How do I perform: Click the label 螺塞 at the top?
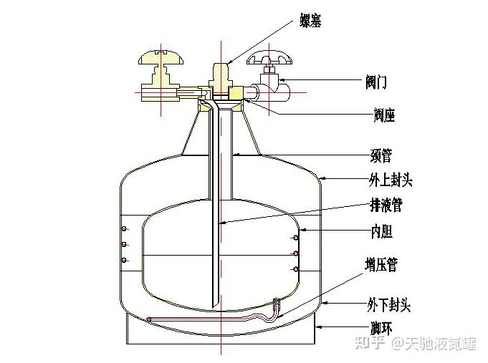[311, 21]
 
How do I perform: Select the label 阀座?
[384, 115]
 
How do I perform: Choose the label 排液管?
[387, 205]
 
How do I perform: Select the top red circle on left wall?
[124, 229]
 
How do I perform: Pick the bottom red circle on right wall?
[295, 269]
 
